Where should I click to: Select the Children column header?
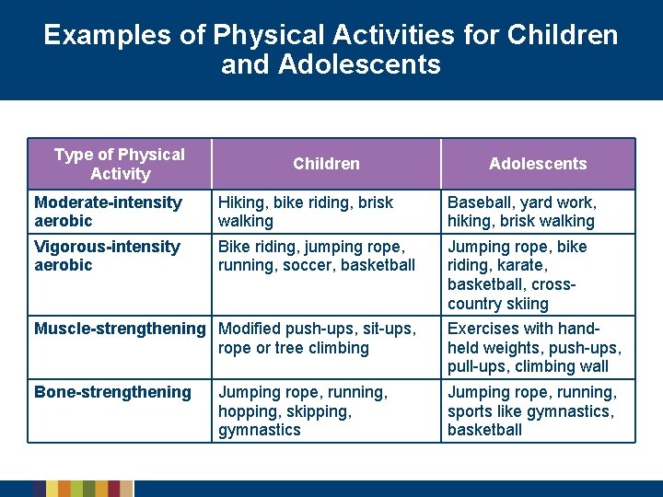(x=326, y=164)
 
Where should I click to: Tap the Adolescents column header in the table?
(x=537, y=164)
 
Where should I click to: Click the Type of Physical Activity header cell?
(x=120, y=164)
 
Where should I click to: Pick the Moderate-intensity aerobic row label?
(x=108, y=212)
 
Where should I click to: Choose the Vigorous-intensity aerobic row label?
(x=107, y=256)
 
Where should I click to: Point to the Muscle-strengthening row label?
(x=120, y=329)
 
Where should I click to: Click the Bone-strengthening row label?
(x=112, y=392)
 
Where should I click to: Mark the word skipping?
(x=321, y=411)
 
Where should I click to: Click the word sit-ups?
(x=390, y=329)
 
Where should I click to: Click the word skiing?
(x=526, y=304)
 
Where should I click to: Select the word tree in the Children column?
(x=280, y=348)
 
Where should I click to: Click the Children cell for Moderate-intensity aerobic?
(x=306, y=212)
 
